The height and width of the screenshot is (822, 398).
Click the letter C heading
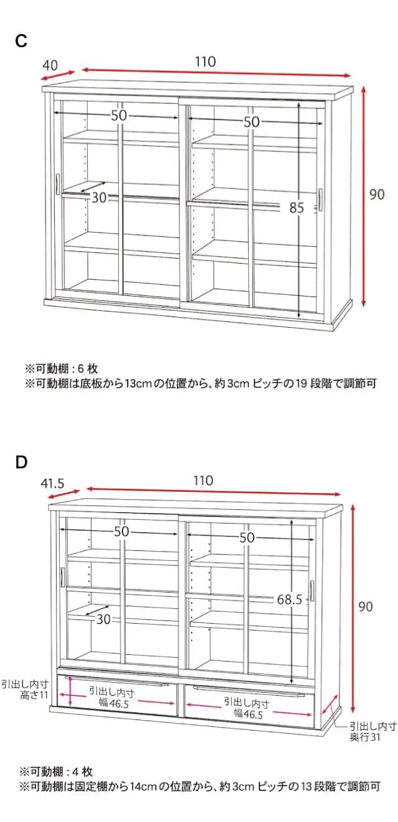[21, 42]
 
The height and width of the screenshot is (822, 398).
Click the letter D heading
[21, 463]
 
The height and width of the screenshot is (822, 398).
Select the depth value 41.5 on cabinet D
[53, 483]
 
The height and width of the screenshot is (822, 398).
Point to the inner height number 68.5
[290, 600]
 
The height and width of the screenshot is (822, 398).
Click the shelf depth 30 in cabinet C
[99, 198]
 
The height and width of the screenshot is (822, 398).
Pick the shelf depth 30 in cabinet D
[103, 619]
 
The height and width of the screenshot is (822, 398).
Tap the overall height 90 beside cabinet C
[377, 195]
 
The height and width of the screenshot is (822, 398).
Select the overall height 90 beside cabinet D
[366, 606]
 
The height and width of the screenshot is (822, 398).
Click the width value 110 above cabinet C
[205, 62]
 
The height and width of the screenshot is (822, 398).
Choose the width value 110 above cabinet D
[203, 481]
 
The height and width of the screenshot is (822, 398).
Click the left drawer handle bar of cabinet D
[117, 684]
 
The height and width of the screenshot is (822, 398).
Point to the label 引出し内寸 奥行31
[373, 731]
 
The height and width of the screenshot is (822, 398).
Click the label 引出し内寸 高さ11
[25, 689]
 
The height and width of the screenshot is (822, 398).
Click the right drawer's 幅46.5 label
[248, 709]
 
